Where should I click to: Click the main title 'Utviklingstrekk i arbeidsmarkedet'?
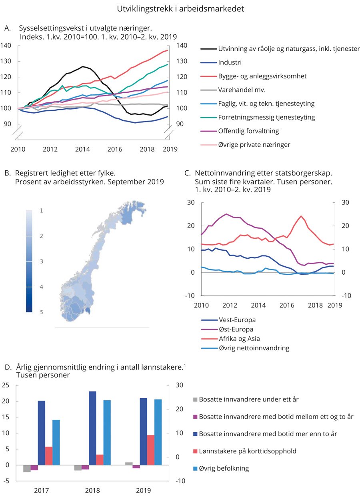point(180,8)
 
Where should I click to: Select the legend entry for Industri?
point(230,62)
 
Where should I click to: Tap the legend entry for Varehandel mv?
point(242,90)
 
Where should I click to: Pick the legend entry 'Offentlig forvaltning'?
point(249,131)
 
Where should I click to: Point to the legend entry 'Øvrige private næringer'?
point(254,144)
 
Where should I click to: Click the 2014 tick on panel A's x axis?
point(82,149)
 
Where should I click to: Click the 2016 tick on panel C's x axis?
point(287,305)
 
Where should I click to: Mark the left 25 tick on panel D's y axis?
point(6,385)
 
